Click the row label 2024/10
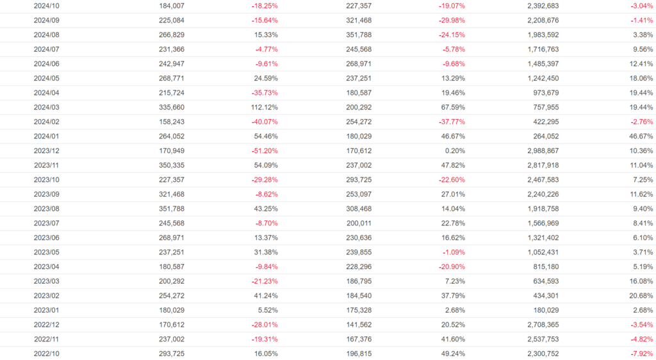coord(46,6)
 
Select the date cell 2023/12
coord(46,151)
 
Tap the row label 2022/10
coord(46,354)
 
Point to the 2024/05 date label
coord(46,78)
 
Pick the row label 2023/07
coord(46,223)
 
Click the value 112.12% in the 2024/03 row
coord(264,107)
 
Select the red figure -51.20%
coord(265,151)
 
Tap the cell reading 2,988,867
coord(541,151)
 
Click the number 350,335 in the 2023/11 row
coord(172,165)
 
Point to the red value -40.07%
coord(265,122)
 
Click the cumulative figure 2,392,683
coord(541,6)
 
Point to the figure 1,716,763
coord(541,49)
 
